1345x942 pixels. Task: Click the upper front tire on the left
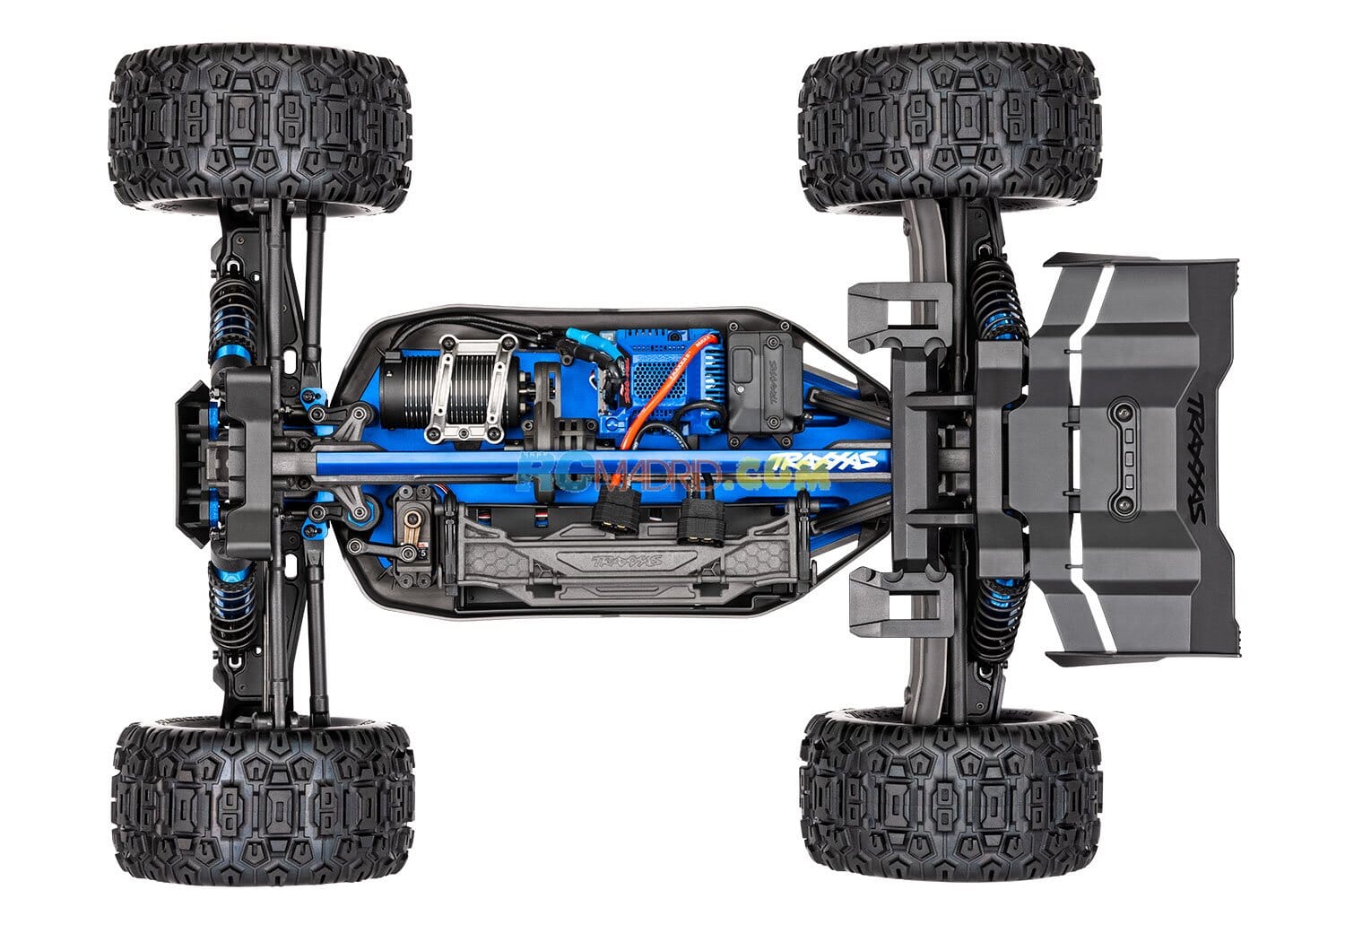click(x=260, y=130)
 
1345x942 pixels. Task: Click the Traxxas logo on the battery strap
click(x=623, y=566)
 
